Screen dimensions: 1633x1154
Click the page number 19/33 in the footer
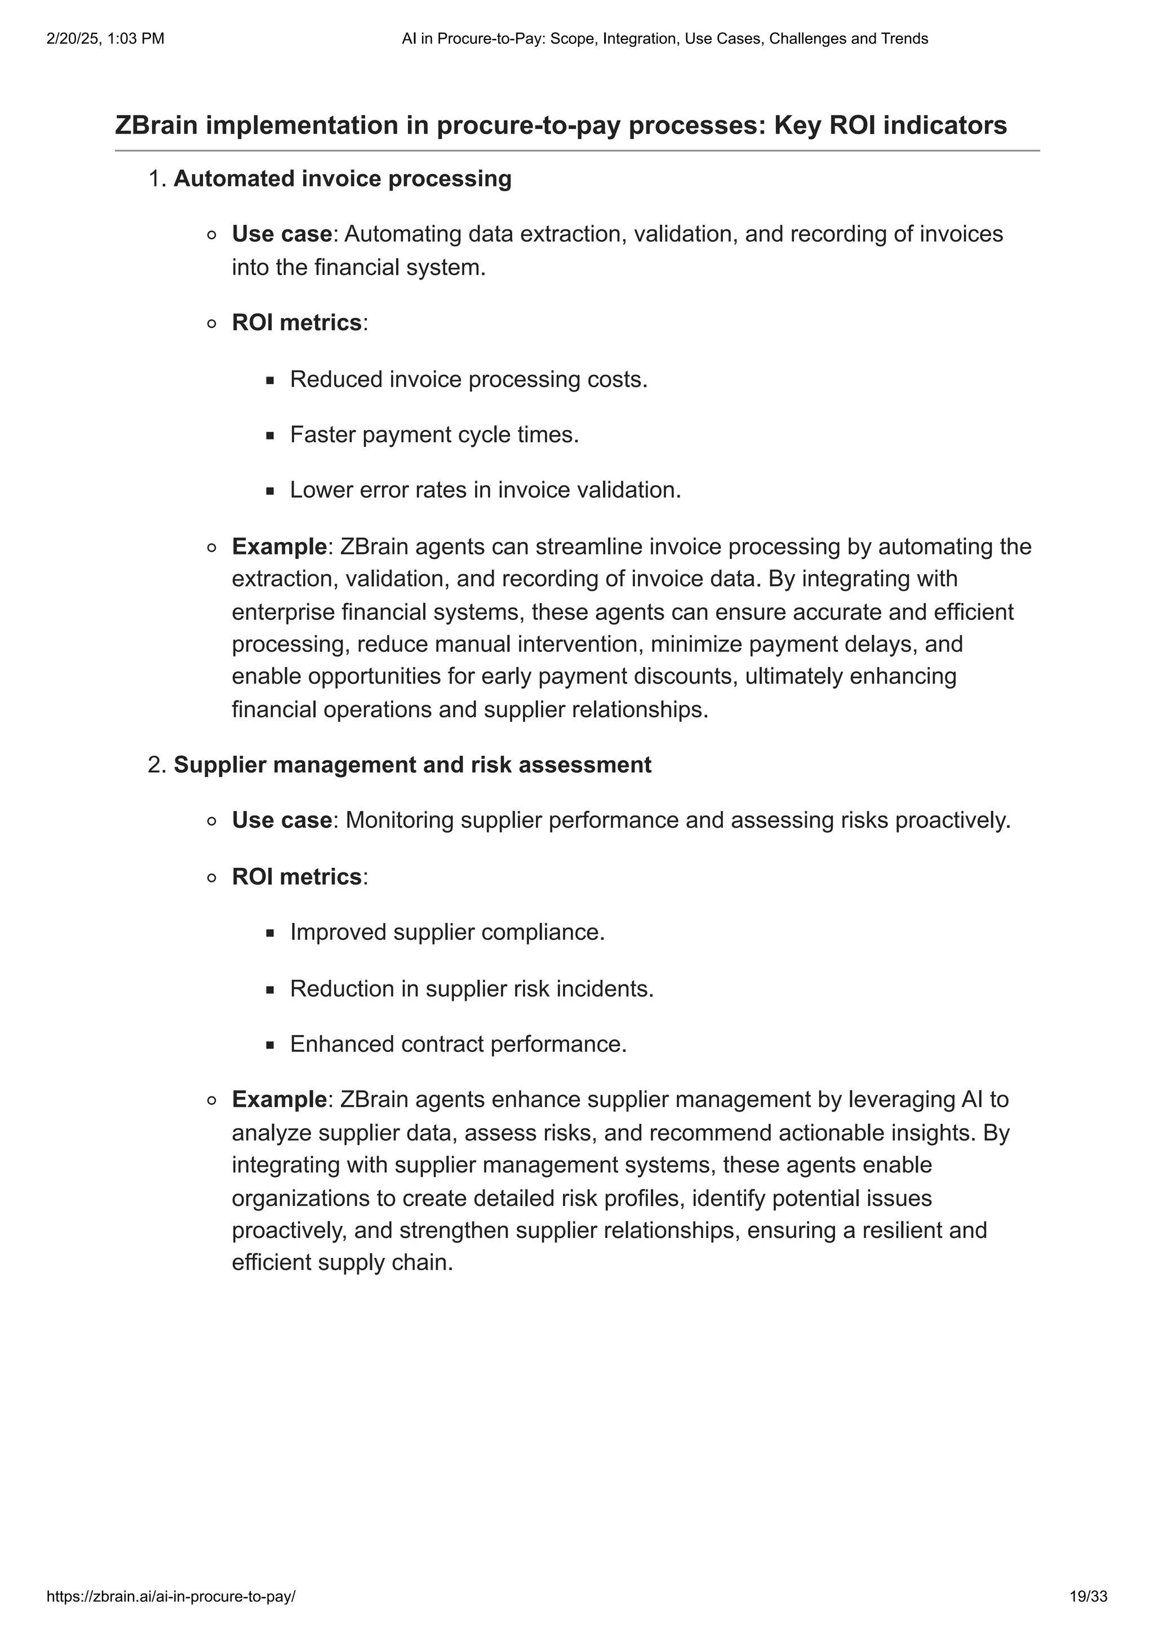point(1089,1597)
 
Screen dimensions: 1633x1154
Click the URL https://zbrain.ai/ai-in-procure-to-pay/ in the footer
point(171,1597)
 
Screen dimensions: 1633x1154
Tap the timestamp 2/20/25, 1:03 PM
point(105,39)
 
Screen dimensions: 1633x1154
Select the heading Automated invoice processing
point(342,179)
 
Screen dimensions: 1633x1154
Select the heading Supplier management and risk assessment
point(412,765)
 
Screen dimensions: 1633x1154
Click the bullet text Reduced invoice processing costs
point(469,379)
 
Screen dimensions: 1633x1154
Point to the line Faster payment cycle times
point(434,434)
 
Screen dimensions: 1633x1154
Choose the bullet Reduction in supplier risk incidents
point(472,988)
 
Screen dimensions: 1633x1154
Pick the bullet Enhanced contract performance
point(458,1044)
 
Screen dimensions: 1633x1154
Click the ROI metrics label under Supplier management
point(297,877)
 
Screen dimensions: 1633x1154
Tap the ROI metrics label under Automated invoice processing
point(297,323)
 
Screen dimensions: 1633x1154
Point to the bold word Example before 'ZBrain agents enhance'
point(279,1099)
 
